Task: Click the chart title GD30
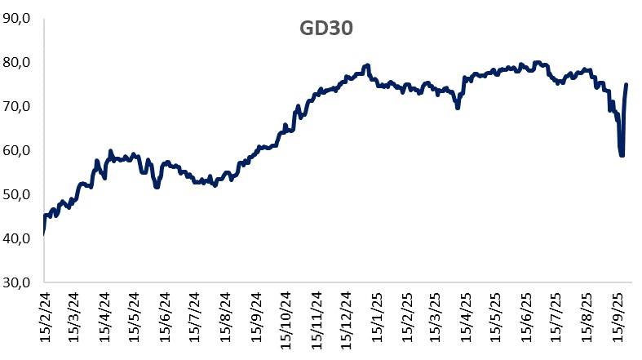tap(323, 28)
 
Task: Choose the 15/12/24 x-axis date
tap(342, 323)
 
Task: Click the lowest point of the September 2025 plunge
tap(622, 155)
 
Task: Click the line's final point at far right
tap(626, 84)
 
